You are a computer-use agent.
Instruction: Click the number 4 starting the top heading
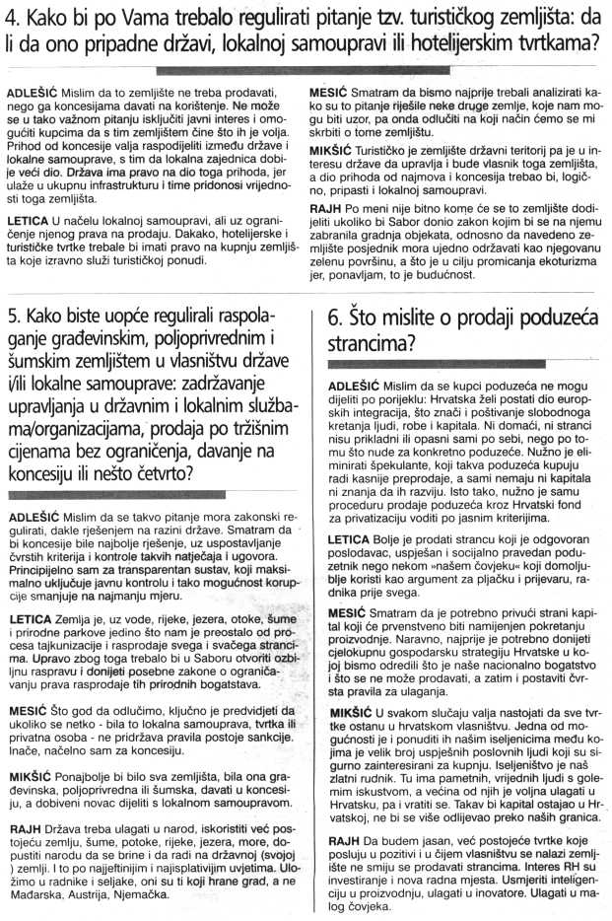click(12, 17)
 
